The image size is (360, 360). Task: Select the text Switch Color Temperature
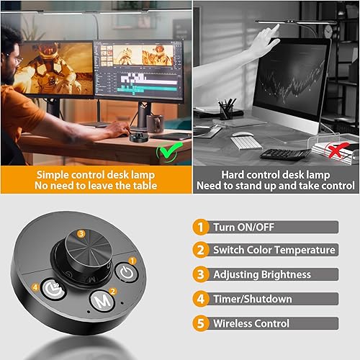(274, 250)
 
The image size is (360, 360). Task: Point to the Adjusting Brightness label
(262, 274)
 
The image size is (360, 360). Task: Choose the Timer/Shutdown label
(252, 298)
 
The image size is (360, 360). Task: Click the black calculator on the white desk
(285, 153)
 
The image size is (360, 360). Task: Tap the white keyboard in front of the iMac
(246, 142)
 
